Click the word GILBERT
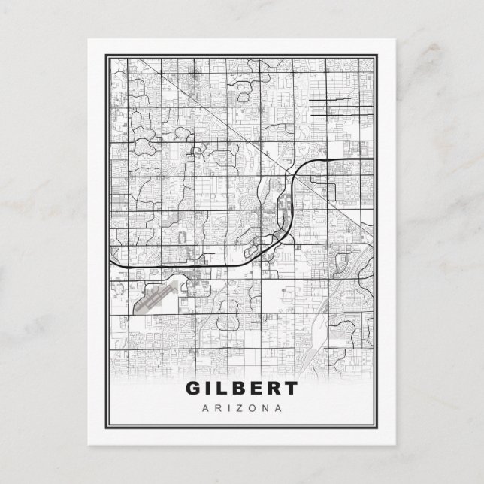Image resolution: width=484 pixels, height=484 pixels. point(240,389)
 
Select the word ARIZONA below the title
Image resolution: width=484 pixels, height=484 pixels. point(241,408)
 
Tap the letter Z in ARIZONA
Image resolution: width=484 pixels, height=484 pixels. point(235,408)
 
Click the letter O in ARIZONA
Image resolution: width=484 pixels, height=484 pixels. point(249,408)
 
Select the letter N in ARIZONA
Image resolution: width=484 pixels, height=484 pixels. point(263,408)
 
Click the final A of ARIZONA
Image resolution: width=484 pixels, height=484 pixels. point(278,408)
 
